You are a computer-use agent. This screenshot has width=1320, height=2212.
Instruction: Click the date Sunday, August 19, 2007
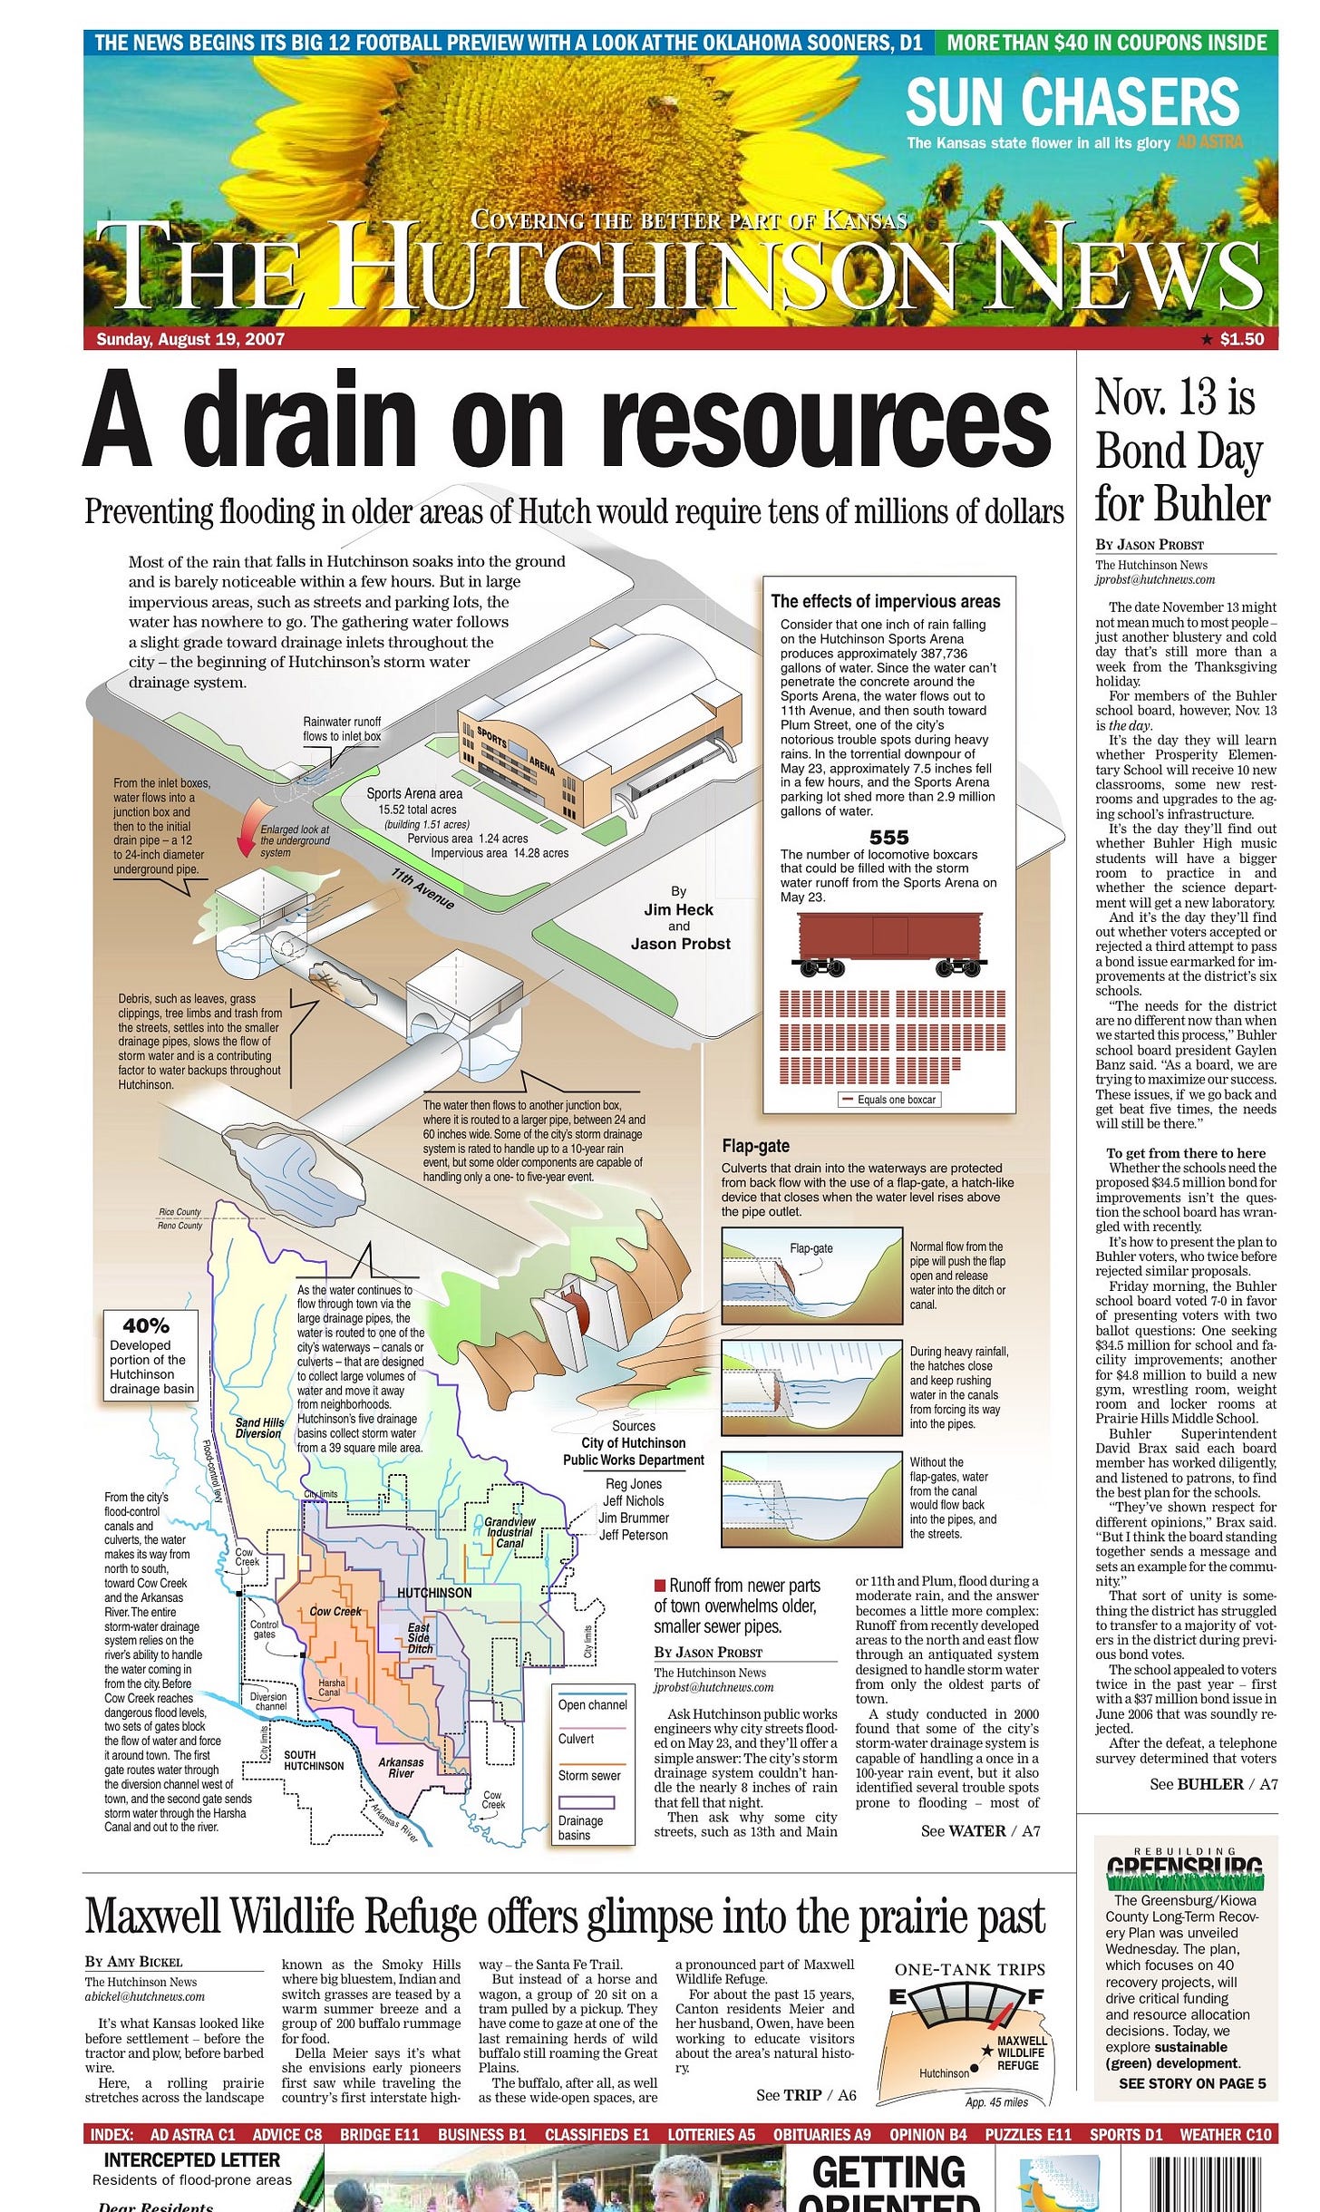tap(190, 339)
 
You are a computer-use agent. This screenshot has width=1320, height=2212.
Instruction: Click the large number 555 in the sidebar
tap(888, 837)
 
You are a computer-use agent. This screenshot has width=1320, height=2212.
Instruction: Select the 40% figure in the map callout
tap(146, 1325)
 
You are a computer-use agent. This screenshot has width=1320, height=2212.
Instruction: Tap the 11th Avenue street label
tap(422, 889)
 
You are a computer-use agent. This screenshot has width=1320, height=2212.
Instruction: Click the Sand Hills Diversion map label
tap(259, 1428)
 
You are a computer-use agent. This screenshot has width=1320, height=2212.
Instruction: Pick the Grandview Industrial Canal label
tap(510, 1532)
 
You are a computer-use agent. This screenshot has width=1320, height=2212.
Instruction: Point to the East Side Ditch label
tap(419, 1638)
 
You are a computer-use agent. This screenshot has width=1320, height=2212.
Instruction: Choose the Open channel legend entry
tap(593, 1704)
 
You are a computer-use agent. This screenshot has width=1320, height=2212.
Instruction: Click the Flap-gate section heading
tap(755, 1146)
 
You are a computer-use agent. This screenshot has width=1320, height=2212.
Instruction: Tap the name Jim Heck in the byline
tap(678, 909)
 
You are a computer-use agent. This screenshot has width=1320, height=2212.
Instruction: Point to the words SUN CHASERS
tap(1072, 102)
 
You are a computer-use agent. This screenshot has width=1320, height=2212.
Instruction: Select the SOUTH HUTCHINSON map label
tap(314, 1760)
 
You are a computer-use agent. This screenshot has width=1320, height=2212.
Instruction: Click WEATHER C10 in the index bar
tap(1225, 2134)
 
